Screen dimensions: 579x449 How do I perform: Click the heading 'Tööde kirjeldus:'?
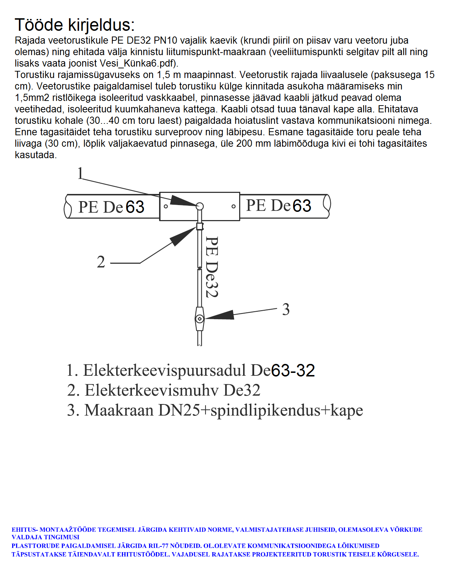click(x=75, y=25)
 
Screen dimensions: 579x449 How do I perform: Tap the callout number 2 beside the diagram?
click(x=101, y=262)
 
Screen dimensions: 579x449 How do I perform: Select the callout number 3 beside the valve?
click(x=286, y=310)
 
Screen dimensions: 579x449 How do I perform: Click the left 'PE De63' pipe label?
click(x=111, y=207)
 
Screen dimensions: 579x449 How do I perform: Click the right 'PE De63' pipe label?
click(x=278, y=206)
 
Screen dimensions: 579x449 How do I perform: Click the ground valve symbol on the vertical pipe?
click(x=199, y=318)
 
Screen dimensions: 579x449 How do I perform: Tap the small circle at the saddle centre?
click(x=200, y=206)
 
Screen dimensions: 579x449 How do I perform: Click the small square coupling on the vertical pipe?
click(x=199, y=226)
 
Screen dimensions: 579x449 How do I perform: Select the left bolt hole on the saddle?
click(x=166, y=206)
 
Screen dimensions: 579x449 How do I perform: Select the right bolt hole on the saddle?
click(x=233, y=206)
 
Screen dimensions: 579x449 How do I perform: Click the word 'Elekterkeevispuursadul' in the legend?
click(x=164, y=370)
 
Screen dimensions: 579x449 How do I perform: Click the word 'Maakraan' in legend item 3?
click(x=119, y=410)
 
